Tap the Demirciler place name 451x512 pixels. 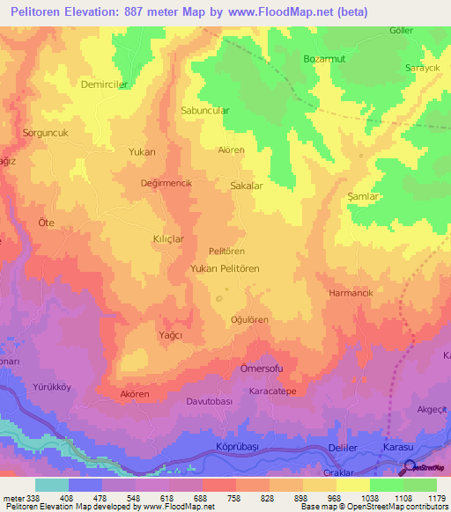[105, 85]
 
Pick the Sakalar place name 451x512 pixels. [247, 187]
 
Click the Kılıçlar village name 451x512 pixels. [168, 238]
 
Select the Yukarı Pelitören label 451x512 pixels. [225, 268]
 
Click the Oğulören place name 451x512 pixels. [249, 319]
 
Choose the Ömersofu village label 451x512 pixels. [262, 369]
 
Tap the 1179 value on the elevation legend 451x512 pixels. [435, 498]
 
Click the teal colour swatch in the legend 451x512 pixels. [51, 485]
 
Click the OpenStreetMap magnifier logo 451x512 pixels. [410, 467]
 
